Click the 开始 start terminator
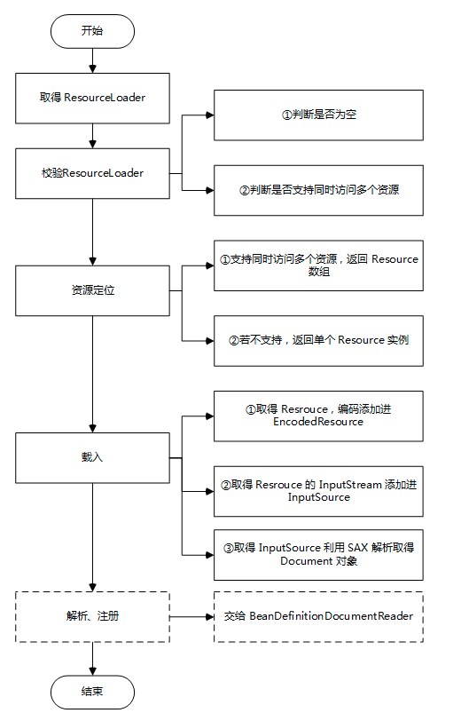click(92, 31)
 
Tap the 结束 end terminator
click(92, 692)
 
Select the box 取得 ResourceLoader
click(92, 98)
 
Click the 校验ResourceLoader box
click(92, 173)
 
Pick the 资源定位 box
click(92, 290)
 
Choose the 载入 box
click(92, 457)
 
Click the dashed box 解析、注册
click(92, 616)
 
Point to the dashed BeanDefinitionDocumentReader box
click(318, 616)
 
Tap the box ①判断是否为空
click(318, 115)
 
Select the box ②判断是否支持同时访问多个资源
click(318, 190)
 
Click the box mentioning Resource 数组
click(318, 265)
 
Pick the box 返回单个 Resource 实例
click(318, 341)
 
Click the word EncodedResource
click(318, 422)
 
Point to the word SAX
click(357, 548)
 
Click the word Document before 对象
click(306, 561)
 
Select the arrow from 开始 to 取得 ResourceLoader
click(92, 60)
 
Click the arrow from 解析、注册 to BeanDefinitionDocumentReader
click(191, 616)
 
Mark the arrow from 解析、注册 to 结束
click(92, 659)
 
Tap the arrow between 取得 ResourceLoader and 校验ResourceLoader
click(92, 136)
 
